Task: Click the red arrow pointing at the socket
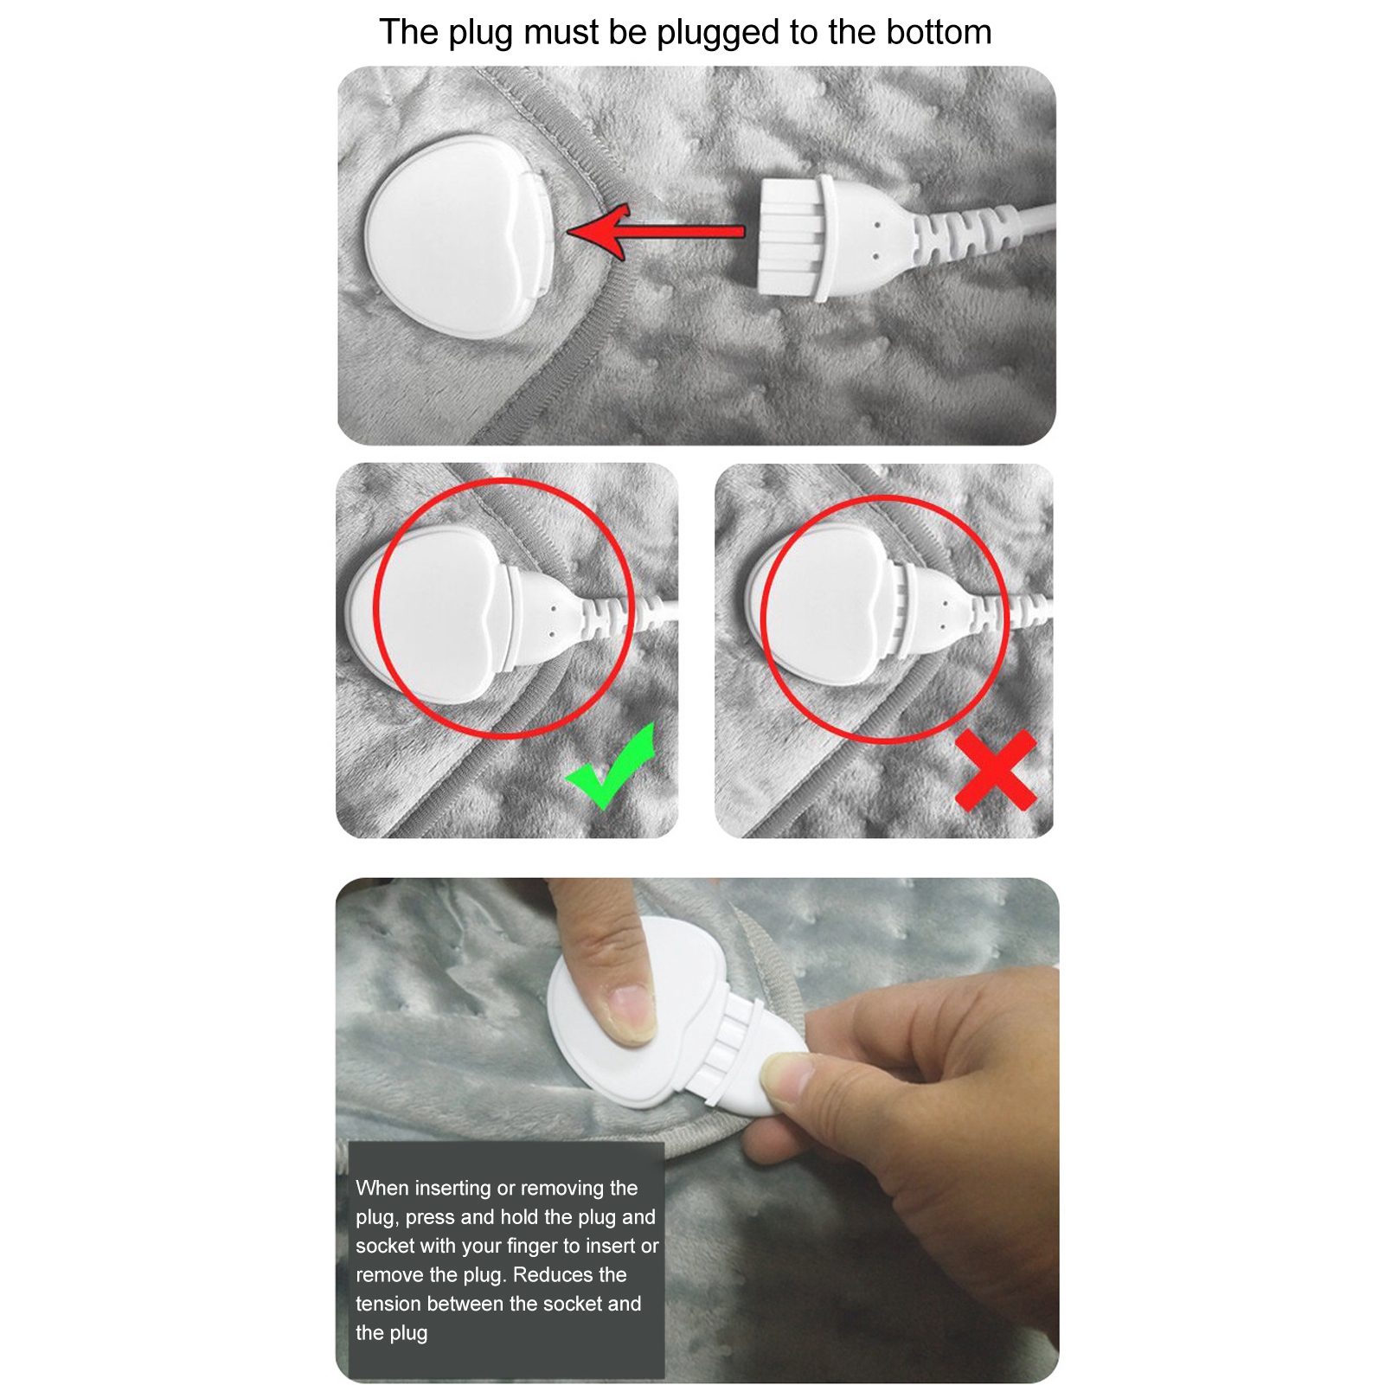(656, 232)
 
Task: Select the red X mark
(996, 770)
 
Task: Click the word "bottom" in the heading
(939, 32)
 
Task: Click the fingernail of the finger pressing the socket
(632, 1013)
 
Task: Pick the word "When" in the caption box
(382, 1188)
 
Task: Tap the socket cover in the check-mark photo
(433, 613)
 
